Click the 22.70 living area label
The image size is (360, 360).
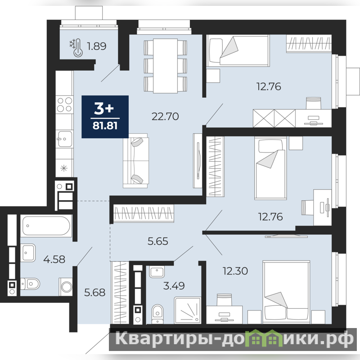(165, 117)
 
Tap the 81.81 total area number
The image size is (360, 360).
(105, 126)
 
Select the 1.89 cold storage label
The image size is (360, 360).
(96, 46)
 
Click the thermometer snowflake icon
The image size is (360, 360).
(76, 48)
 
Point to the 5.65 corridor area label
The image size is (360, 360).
(158, 241)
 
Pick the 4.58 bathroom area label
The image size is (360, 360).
(54, 259)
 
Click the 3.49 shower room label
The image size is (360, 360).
(174, 286)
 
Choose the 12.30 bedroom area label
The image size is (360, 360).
(235, 271)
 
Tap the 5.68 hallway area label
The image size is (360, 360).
(94, 292)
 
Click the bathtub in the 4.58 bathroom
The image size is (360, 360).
(46, 226)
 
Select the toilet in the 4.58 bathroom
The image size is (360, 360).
(30, 284)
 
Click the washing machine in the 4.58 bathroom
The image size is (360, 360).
(66, 287)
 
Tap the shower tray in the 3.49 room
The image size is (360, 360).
(188, 310)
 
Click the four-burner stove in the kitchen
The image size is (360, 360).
(64, 104)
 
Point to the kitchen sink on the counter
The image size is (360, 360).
(64, 139)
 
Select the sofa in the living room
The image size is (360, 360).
(135, 161)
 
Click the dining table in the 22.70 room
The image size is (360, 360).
(165, 66)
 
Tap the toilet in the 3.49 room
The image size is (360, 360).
(157, 314)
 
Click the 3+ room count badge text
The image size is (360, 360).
(104, 108)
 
